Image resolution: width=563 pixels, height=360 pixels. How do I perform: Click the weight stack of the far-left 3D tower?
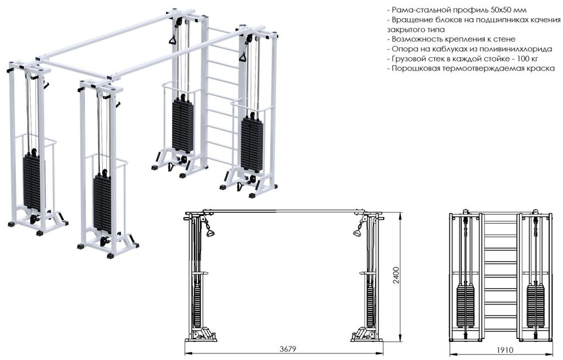pos(31,182)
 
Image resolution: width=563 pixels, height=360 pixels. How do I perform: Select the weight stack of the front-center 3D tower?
pos(102,203)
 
